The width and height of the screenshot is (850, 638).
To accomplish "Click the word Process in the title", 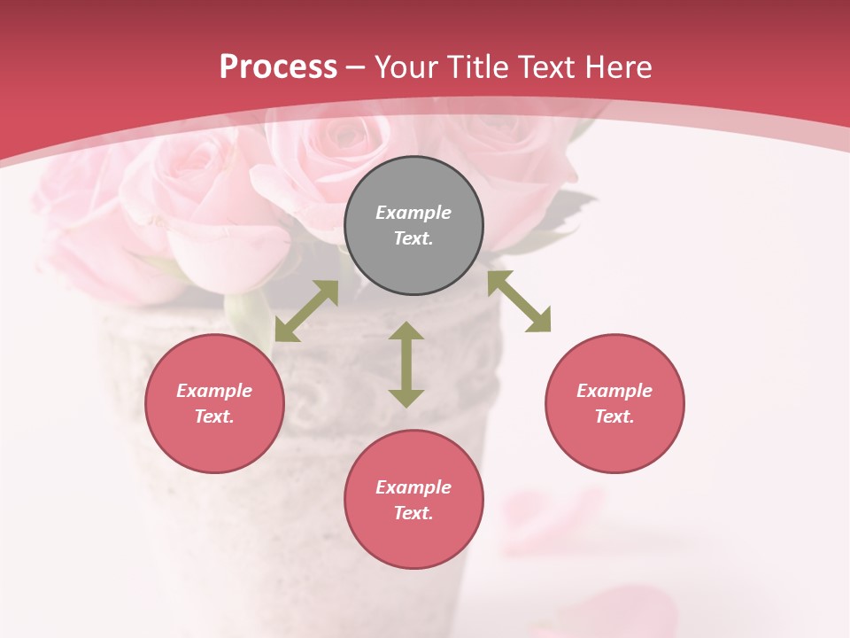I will pos(278,67).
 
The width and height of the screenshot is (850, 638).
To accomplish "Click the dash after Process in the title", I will pos(355,68).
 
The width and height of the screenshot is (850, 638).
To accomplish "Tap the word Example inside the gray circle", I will pos(413,213).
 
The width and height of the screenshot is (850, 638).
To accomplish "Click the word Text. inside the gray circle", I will pos(413,238).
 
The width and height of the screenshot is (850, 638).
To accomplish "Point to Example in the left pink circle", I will pos(214,391).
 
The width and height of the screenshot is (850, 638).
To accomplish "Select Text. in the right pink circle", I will pos(614,416).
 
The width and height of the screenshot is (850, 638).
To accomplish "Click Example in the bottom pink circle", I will pos(413,487).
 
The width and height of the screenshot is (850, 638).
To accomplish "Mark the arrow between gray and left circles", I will pos(306,311).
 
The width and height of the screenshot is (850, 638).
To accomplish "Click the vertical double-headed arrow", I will pos(406,364).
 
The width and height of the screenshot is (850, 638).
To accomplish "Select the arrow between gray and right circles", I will pos(519,301).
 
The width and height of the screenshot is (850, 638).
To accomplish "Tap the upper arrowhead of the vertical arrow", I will pos(406,331).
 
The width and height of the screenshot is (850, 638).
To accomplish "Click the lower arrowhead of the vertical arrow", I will pos(406,398).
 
